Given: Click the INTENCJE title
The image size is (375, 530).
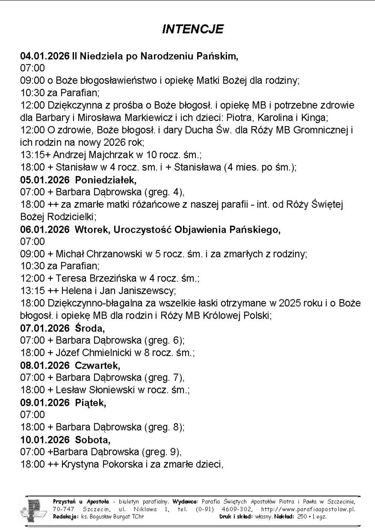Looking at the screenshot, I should click(193, 29).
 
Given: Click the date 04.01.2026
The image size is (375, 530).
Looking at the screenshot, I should click(45, 56).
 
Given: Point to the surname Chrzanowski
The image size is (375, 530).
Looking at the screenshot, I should click(115, 254).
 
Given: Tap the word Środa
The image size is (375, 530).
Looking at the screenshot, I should click(90, 328).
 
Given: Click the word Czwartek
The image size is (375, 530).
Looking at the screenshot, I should click(97, 365).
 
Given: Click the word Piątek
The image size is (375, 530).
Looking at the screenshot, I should click(90, 403).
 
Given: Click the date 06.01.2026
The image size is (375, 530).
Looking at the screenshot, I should click(45, 229).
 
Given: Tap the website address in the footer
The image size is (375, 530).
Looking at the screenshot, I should click(308, 509).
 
